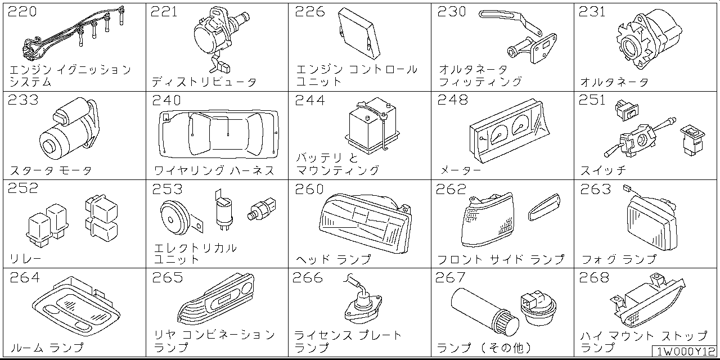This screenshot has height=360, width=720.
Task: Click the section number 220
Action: pos(22,12)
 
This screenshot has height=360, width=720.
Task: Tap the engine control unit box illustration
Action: pos(359,33)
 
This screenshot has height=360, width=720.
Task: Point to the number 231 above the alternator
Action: pos(592,12)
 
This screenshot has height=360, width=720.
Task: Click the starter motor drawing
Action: pos(69,129)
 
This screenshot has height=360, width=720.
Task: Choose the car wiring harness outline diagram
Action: pos(219,134)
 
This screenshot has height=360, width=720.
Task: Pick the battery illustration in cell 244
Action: pos(372,125)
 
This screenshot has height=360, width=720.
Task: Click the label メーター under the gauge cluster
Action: pos(460,170)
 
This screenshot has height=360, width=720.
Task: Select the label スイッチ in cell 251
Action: pos(604,170)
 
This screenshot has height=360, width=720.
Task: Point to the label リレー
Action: pos(25,259)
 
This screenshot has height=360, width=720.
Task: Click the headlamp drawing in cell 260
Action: pos(366,223)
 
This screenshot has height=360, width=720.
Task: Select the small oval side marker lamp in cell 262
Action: pos(544,208)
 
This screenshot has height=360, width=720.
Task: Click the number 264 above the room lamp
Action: pos(25,277)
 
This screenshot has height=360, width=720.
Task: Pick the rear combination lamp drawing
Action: pos(216,298)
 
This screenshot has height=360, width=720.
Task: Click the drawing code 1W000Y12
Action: pos(685,352)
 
